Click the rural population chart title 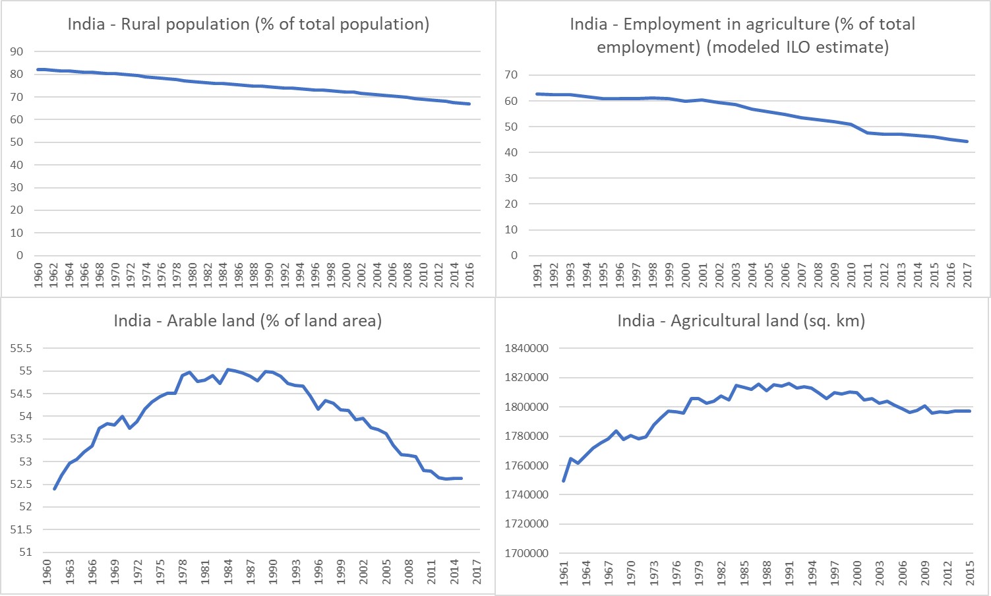[x=248, y=24]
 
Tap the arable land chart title [x=248, y=321]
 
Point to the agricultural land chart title [x=741, y=321]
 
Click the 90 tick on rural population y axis [x=16, y=51]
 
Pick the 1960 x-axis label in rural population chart [x=38, y=274]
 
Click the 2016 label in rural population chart [x=469, y=274]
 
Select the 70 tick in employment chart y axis [x=511, y=75]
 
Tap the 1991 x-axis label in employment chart [x=537, y=274]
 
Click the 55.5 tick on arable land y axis [x=25, y=348]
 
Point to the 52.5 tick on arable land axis [x=25, y=485]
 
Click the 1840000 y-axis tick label [x=526, y=348]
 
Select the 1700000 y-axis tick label [x=526, y=553]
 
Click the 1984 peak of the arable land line [x=227, y=369]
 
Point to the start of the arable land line [x=55, y=489]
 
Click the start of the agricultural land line [x=564, y=481]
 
